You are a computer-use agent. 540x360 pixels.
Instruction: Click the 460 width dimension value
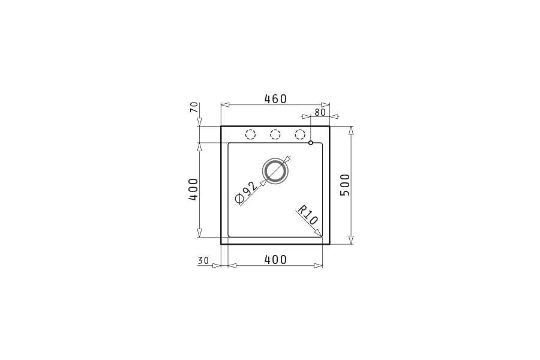pos(275,99)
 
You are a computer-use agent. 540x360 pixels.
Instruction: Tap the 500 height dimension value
pos(345,185)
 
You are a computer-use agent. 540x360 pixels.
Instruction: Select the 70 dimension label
pos(194,107)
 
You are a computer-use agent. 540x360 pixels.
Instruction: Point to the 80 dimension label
pos(320,112)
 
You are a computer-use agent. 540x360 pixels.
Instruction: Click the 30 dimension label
pos(203,261)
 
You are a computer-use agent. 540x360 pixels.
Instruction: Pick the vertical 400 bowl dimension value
pos(193,190)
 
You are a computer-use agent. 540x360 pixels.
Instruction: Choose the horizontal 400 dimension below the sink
pos(275,259)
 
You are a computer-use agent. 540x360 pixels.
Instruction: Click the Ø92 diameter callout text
pos(246,193)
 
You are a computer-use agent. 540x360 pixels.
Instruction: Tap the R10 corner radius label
pos(307,215)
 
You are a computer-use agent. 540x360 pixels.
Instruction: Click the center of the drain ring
pos(275,172)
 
